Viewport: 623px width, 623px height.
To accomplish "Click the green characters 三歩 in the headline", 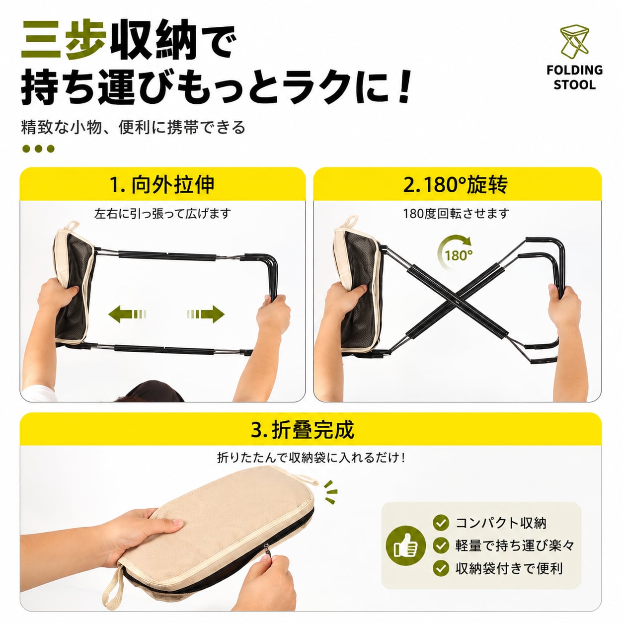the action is click(x=64, y=40).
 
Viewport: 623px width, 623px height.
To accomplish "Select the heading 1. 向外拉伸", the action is click(x=162, y=185).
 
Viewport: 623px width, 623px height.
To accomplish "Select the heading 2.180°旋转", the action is click(x=456, y=185).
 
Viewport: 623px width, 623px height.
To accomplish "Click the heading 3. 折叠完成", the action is click(x=303, y=430).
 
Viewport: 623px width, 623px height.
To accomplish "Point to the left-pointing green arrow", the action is click(x=127, y=314).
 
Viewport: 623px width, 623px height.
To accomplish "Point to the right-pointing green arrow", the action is click(x=206, y=314).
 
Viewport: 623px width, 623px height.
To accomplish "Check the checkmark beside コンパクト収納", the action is click(x=441, y=523).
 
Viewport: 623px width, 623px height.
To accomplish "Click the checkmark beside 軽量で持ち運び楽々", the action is click(x=441, y=545).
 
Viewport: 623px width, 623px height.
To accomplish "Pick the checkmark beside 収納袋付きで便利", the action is click(x=441, y=568).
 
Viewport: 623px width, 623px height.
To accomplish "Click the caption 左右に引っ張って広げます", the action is click(x=162, y=214).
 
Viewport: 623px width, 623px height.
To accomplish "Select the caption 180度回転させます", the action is click(x=456, y=214).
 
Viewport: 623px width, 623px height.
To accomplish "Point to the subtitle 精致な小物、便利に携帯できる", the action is click(x=133, y=127).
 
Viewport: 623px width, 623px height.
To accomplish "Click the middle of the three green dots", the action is click(x=38, y=149).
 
